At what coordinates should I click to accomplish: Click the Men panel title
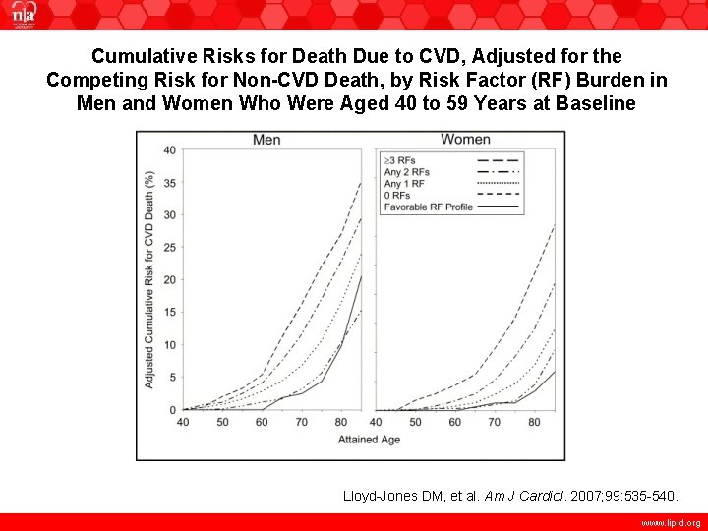[x=266, y=140]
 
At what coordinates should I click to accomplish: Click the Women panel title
[x=465, y=139]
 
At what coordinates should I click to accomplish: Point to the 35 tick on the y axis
[x=169, y=183]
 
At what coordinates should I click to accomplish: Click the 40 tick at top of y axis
[x=169, y=150]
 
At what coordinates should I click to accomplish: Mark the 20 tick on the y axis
[x=169, y=280]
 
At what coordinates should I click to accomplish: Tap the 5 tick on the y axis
[x=172, y=378]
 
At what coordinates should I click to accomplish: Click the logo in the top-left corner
[x=22, y=15]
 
